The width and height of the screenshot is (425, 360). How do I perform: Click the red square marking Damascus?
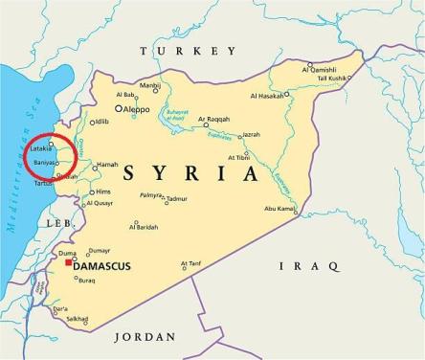point(69,263)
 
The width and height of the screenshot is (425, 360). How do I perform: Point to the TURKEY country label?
point(188,51)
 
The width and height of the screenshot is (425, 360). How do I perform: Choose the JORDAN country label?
point(145,337)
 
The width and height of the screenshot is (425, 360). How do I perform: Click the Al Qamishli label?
point(321,69)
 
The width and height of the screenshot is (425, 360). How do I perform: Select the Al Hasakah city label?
point(270,96)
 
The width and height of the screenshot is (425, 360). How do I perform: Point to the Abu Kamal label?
point(280,208)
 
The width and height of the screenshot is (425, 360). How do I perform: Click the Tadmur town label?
point(178,200)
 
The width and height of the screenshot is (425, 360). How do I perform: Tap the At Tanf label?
point(190,263)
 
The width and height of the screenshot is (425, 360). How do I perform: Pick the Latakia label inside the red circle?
point(41,148)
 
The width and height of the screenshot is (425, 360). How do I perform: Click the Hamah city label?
point(108,165)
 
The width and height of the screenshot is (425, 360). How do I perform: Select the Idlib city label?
point(101,122)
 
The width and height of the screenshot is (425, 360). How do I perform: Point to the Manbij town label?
point(149,85)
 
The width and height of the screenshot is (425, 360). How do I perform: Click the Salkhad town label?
point(77,319)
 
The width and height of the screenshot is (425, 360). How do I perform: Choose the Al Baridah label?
point(145,227)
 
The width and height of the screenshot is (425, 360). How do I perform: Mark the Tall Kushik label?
point(330,78)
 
